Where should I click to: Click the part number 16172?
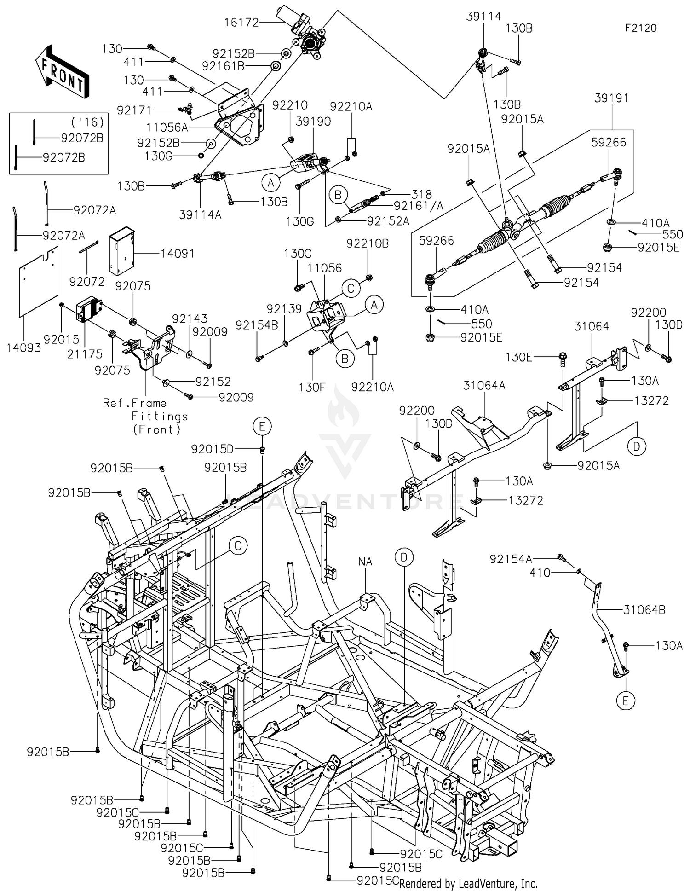(241, 22)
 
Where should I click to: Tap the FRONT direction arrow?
(63, 71)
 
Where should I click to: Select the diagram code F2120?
(640, 28)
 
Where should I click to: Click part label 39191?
(611, 98)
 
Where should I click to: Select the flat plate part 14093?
(39, 282)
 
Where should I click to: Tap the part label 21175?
(85, 353)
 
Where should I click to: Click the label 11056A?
(167, 127)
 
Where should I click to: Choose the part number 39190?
(313, 121)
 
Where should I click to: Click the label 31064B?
(644, 610)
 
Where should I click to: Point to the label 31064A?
(484, 385)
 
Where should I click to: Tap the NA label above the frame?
(365, 562)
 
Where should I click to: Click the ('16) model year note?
(87, 122)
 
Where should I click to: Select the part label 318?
(422, 194)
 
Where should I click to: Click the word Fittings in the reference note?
(160, 417)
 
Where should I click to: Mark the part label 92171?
(134, 110)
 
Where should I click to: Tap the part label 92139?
(284, 309)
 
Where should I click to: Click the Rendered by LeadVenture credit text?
(468, 883)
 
